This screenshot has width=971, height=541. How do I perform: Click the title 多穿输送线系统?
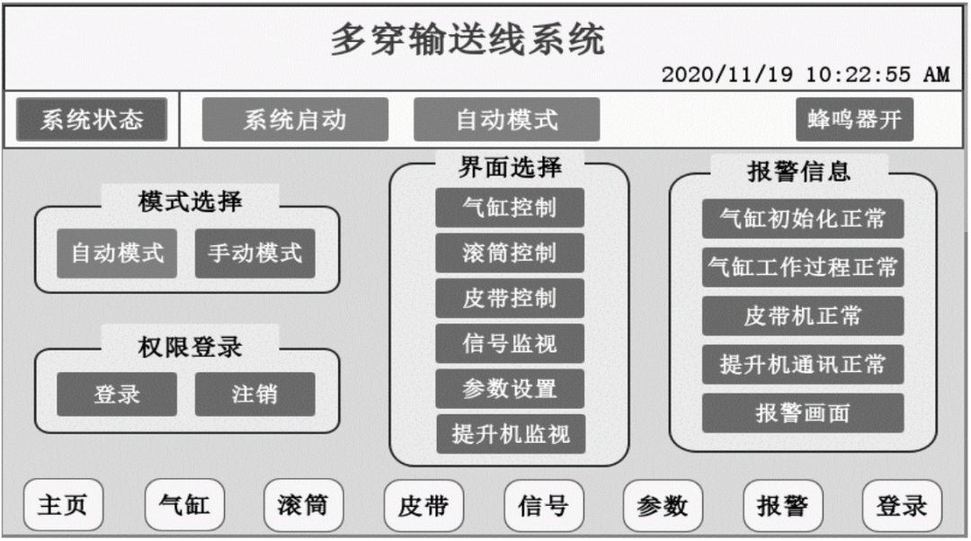[x=468, y=40]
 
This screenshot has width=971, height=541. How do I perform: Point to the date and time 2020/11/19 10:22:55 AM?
[x=805, y=75]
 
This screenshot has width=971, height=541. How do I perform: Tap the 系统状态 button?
[x=92, y=120]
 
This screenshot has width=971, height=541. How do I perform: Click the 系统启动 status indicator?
[x=295, y=120]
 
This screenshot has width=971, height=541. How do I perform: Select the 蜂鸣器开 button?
[x=854, y=120]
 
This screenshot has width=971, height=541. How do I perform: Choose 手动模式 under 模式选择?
[x=255, y=253]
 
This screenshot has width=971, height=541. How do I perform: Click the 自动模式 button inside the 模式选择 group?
[x=118, y=253]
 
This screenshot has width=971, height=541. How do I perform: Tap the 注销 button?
[x=255, y=395]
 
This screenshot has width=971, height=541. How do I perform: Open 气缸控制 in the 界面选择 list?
[x=510, y=208]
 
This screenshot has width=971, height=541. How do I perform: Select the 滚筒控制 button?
[x=510, y=253]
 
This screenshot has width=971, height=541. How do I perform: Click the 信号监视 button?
[x=510, y=343]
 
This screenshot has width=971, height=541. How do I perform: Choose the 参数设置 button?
[x=510, y=389]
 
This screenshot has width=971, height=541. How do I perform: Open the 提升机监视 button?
[x=510, y=435]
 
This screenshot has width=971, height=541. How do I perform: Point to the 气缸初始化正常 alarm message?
[x=803, y=219]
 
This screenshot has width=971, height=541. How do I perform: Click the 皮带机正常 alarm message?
[x=803, y=315]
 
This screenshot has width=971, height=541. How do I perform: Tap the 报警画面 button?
[x=803, y=413]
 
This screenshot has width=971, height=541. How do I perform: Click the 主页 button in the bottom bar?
[x=63, y=505]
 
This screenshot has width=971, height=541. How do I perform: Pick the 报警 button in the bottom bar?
[x=782, y=505]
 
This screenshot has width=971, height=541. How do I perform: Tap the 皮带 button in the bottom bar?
[x=423, y=506]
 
